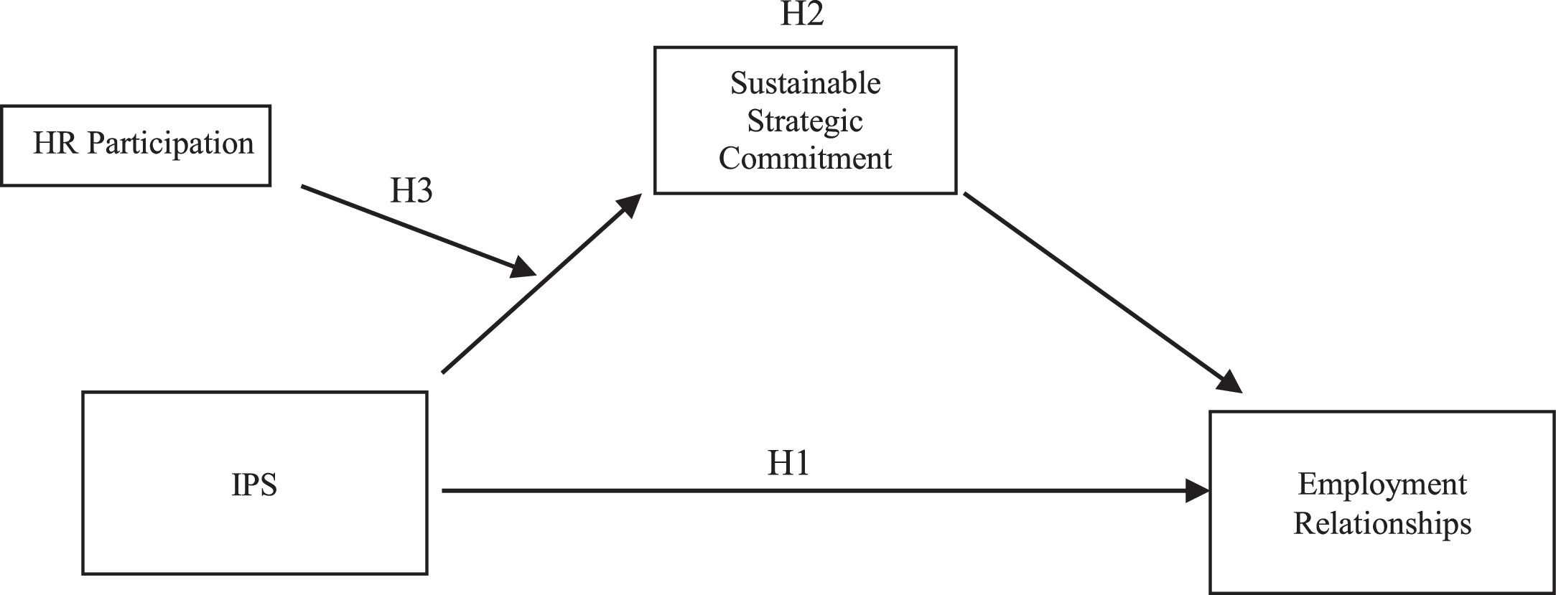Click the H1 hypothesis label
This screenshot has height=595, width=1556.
[788, 464]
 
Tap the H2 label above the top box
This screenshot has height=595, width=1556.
[801, 14]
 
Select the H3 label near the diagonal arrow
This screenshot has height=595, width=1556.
[411, 191]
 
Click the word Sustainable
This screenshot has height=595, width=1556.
[805, 83]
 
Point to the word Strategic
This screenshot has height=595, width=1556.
[805, 121]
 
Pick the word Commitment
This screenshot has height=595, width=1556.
[805, 158]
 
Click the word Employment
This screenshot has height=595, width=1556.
[1382, 485]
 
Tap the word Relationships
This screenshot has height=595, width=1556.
[1382, 523]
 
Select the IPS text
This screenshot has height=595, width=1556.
[254, 485]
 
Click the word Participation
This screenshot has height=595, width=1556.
[171, 144]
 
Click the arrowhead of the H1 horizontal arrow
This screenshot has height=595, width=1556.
[1198, 491]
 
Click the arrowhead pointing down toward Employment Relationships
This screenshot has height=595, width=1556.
[1230, 382]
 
